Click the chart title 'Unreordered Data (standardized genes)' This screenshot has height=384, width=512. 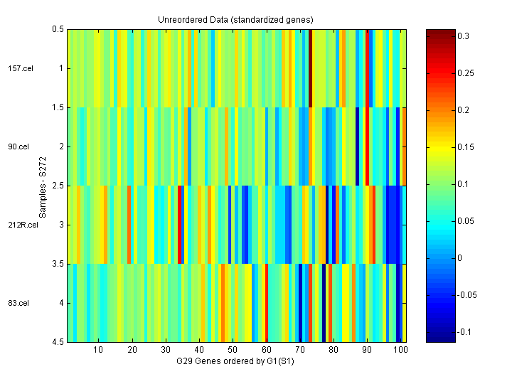point(236,18)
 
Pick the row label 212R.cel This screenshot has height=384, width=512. point(23,225)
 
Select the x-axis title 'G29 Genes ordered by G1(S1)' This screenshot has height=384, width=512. point(236,362)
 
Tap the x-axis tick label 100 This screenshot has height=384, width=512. point(401,351)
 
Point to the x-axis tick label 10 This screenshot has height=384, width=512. point(98,351)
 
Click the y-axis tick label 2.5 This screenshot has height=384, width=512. point(57,186)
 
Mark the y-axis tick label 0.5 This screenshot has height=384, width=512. point(57,29)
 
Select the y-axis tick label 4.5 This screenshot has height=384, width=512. point(57,342)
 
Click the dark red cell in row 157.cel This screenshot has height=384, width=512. point(311,68)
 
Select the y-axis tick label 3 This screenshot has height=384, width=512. point(60,225)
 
